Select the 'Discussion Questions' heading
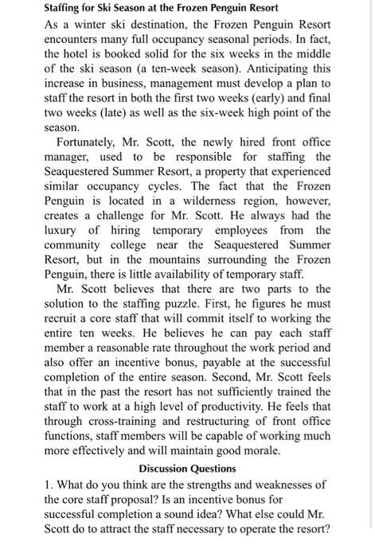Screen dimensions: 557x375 click(x=187, y=469)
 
